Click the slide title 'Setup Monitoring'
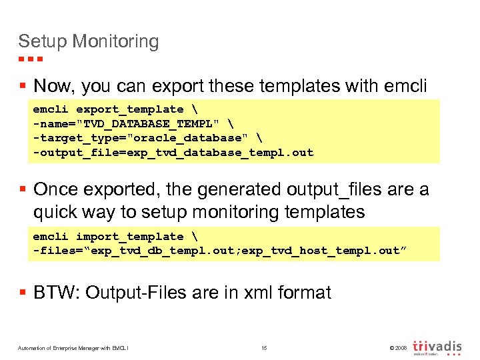click(x=89, y=41)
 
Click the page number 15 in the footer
click(x=264, y=348)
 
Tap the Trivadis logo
click(x=437, y=347)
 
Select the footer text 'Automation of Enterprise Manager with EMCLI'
click(x=74, y=348)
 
